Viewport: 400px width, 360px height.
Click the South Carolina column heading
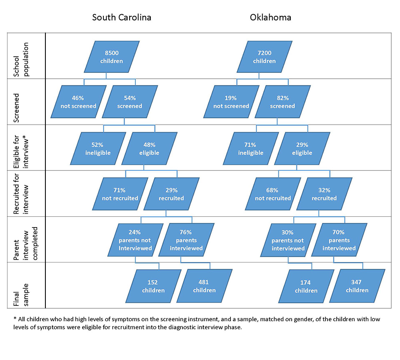pos(122,17)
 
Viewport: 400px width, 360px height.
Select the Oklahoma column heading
pos(270,17)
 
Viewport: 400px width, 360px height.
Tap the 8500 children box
pos(112,57)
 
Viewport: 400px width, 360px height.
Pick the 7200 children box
pos(265,57)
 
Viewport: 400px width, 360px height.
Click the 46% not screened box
pos(79,102)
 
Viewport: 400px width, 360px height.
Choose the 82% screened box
pos(282,102)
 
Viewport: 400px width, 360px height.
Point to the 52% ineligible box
pos(98,148)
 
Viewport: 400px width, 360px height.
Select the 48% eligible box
pos(149,148)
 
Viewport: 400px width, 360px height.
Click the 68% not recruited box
pos(273,194)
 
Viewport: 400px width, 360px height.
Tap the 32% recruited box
pos(324,194)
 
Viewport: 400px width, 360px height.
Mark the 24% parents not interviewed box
pos(135,240)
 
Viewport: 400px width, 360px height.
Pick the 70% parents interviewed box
pos(339,240)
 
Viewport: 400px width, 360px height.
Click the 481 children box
pos(204,286)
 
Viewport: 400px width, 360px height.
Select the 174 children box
pos(306,286)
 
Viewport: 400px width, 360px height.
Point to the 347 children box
pos(357,286)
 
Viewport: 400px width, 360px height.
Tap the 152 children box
pos(153,286)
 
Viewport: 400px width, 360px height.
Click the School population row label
pos(21,60)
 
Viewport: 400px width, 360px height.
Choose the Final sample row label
pos(21,295)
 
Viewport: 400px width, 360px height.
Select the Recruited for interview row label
pos(21,194)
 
